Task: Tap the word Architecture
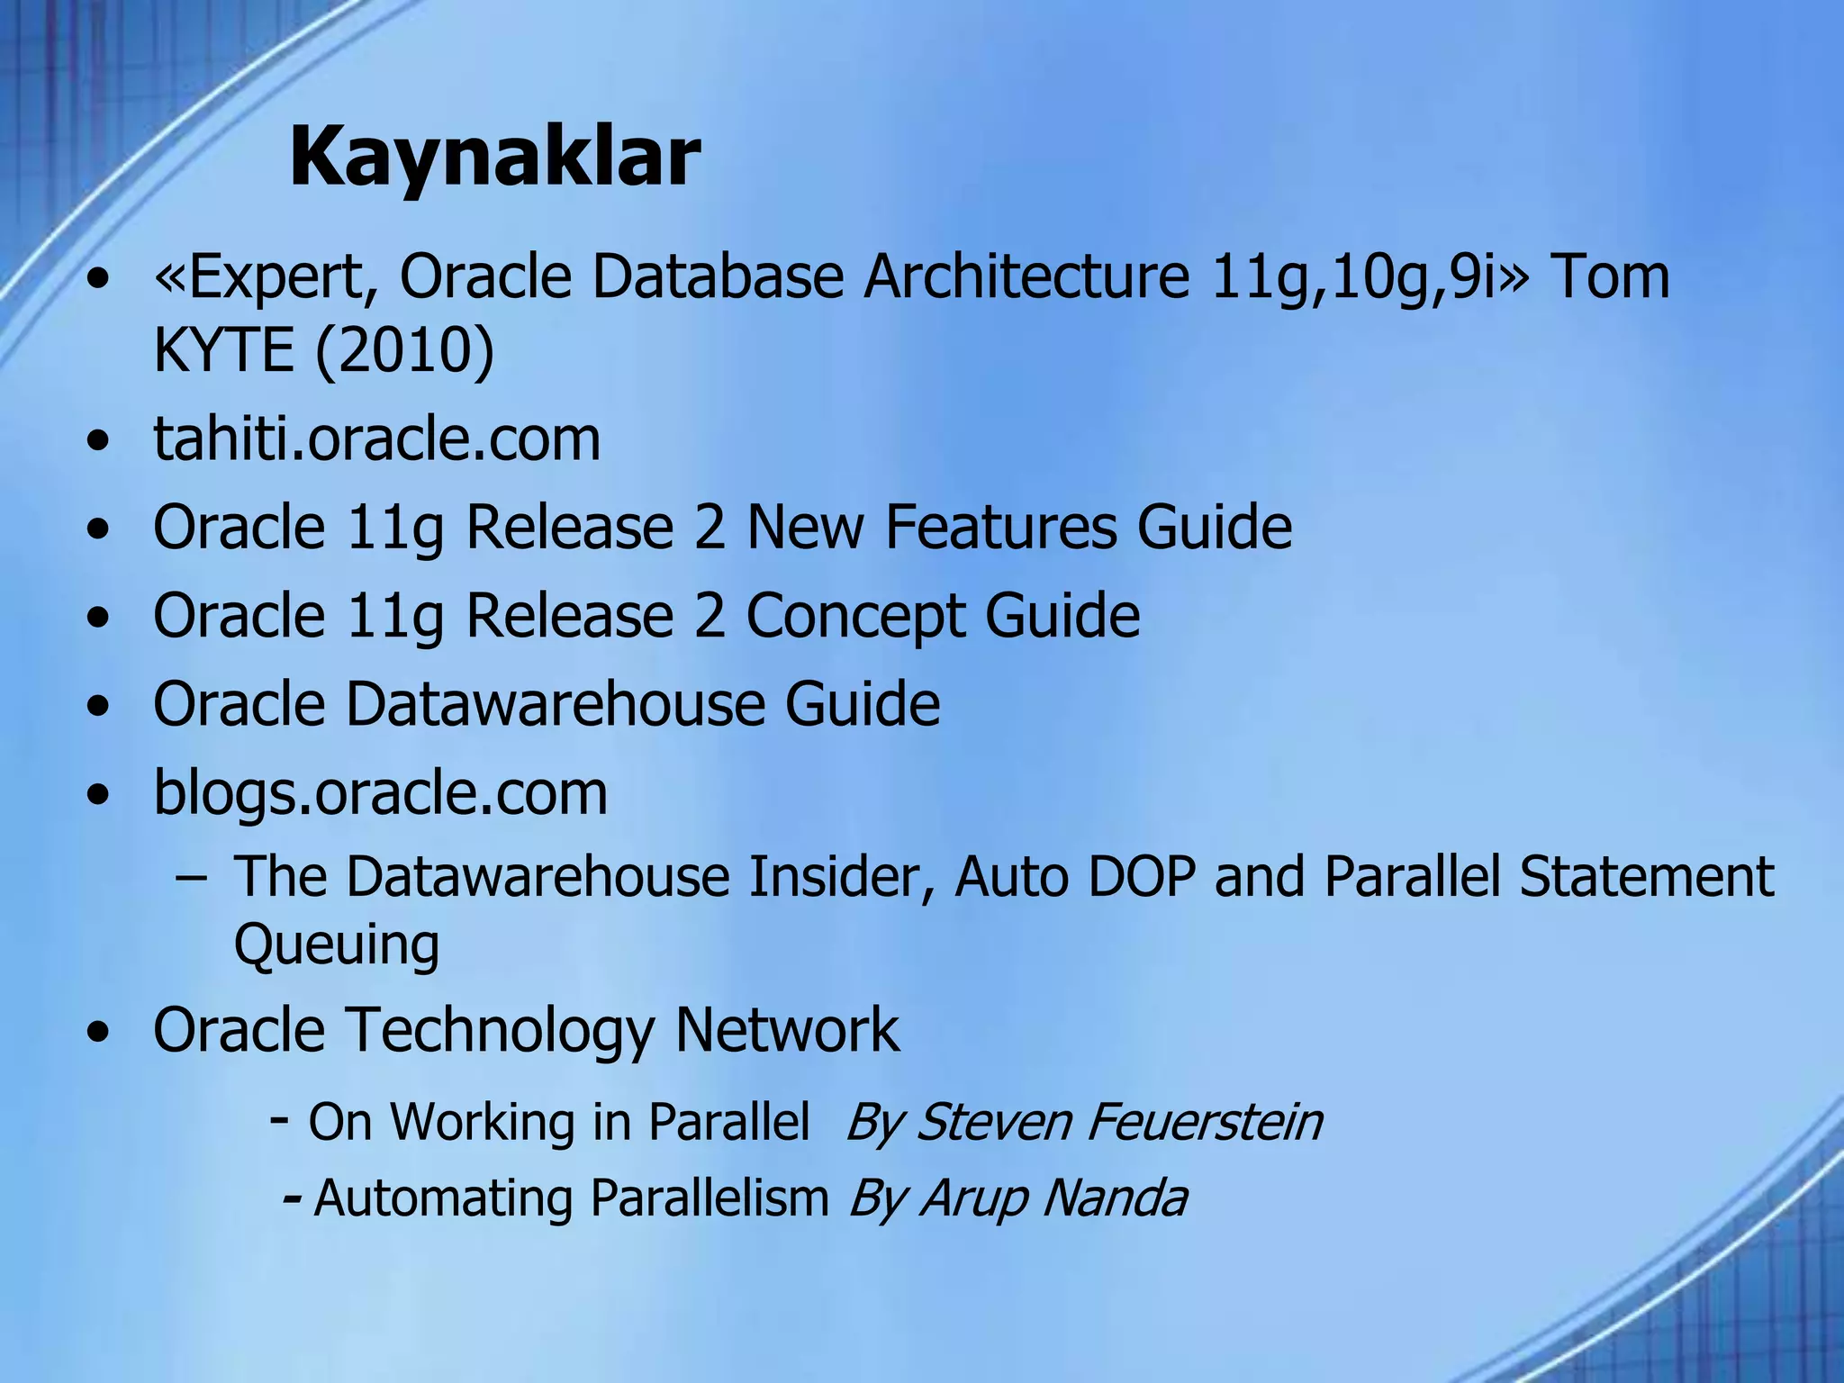(x=1026, y=277)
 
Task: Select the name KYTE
(x=223, y=350)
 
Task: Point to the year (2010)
(x=404, y=350)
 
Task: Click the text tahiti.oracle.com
(x=376, y=439)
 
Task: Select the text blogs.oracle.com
(x=380, y=793)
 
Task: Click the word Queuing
(x=337, y=945)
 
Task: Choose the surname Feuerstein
(x=1204, y=1122)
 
